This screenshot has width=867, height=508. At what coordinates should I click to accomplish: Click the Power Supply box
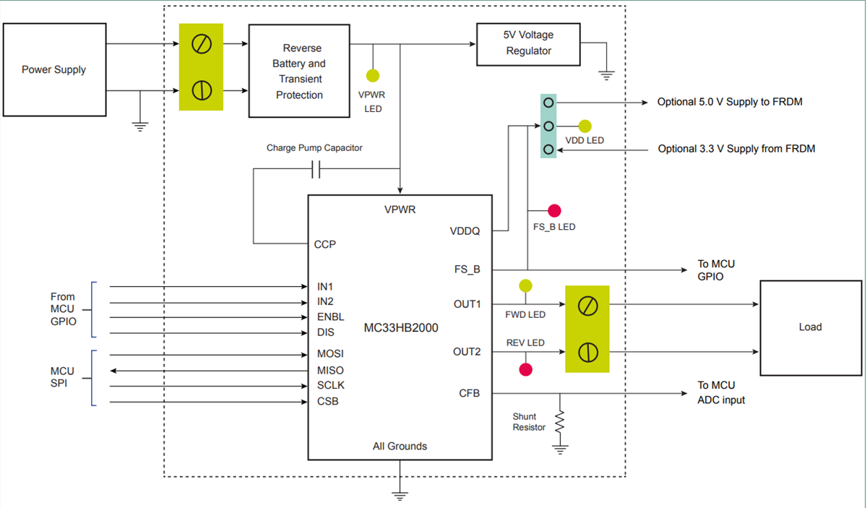[54, 69]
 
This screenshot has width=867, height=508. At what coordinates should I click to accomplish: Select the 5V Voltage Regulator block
[528, 43]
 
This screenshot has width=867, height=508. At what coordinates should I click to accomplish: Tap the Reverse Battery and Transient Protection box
[298, 71]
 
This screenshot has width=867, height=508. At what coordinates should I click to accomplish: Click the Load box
[809, 327]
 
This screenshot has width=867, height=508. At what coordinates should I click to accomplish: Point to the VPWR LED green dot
[373, 76]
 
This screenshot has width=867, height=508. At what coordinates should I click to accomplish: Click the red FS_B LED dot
[554, 211]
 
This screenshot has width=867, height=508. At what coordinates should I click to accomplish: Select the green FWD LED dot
[525, 285]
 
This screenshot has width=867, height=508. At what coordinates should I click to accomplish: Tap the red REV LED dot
[525, 369]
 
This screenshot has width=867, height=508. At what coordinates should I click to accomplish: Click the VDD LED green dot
[585, 126]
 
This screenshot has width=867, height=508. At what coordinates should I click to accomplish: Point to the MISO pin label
[330, 370]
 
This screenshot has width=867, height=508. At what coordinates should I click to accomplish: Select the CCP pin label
[325, 244]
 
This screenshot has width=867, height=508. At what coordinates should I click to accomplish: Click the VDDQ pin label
[464, 231]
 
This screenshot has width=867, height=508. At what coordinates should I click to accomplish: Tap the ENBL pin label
[330, 317]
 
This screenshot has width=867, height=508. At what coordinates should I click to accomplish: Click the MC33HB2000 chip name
[400, 327]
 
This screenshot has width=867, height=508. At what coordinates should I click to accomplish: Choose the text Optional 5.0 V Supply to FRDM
[729, 102]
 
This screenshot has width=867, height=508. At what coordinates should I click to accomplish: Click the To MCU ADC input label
[720, 392]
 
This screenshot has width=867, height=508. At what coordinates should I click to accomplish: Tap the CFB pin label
[469, 394]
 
